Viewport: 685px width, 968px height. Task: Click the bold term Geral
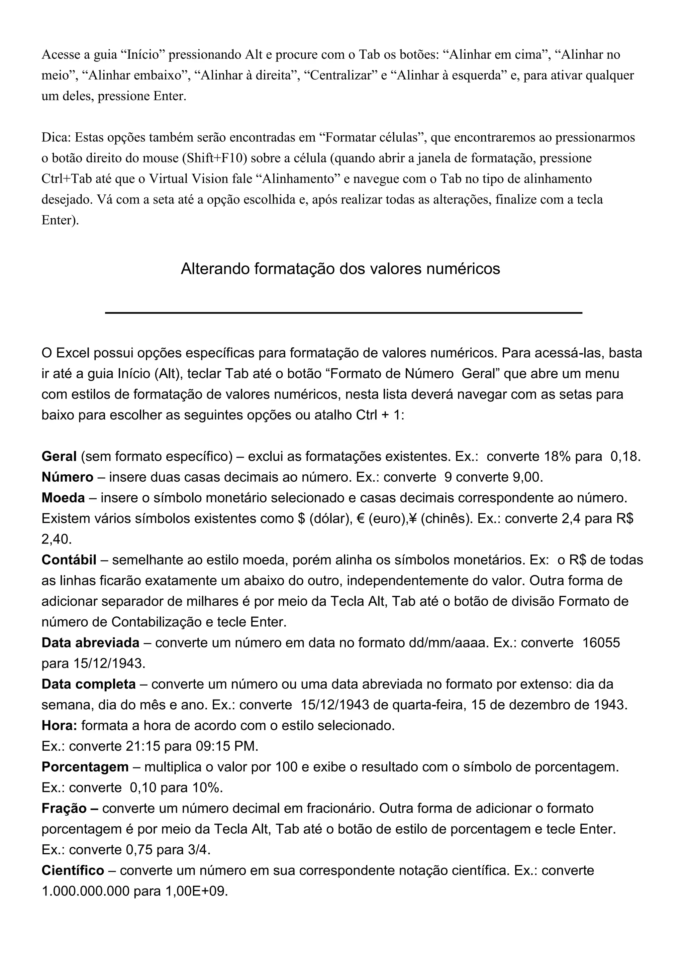59,457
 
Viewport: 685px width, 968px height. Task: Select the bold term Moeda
63,498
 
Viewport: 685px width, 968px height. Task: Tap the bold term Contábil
69,560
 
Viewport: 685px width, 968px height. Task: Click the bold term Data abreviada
90,643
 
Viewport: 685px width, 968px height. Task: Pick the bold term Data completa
89,684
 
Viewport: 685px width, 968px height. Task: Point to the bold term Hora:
60,726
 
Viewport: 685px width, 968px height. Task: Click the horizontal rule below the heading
344,313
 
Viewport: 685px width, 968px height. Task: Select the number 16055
601,643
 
